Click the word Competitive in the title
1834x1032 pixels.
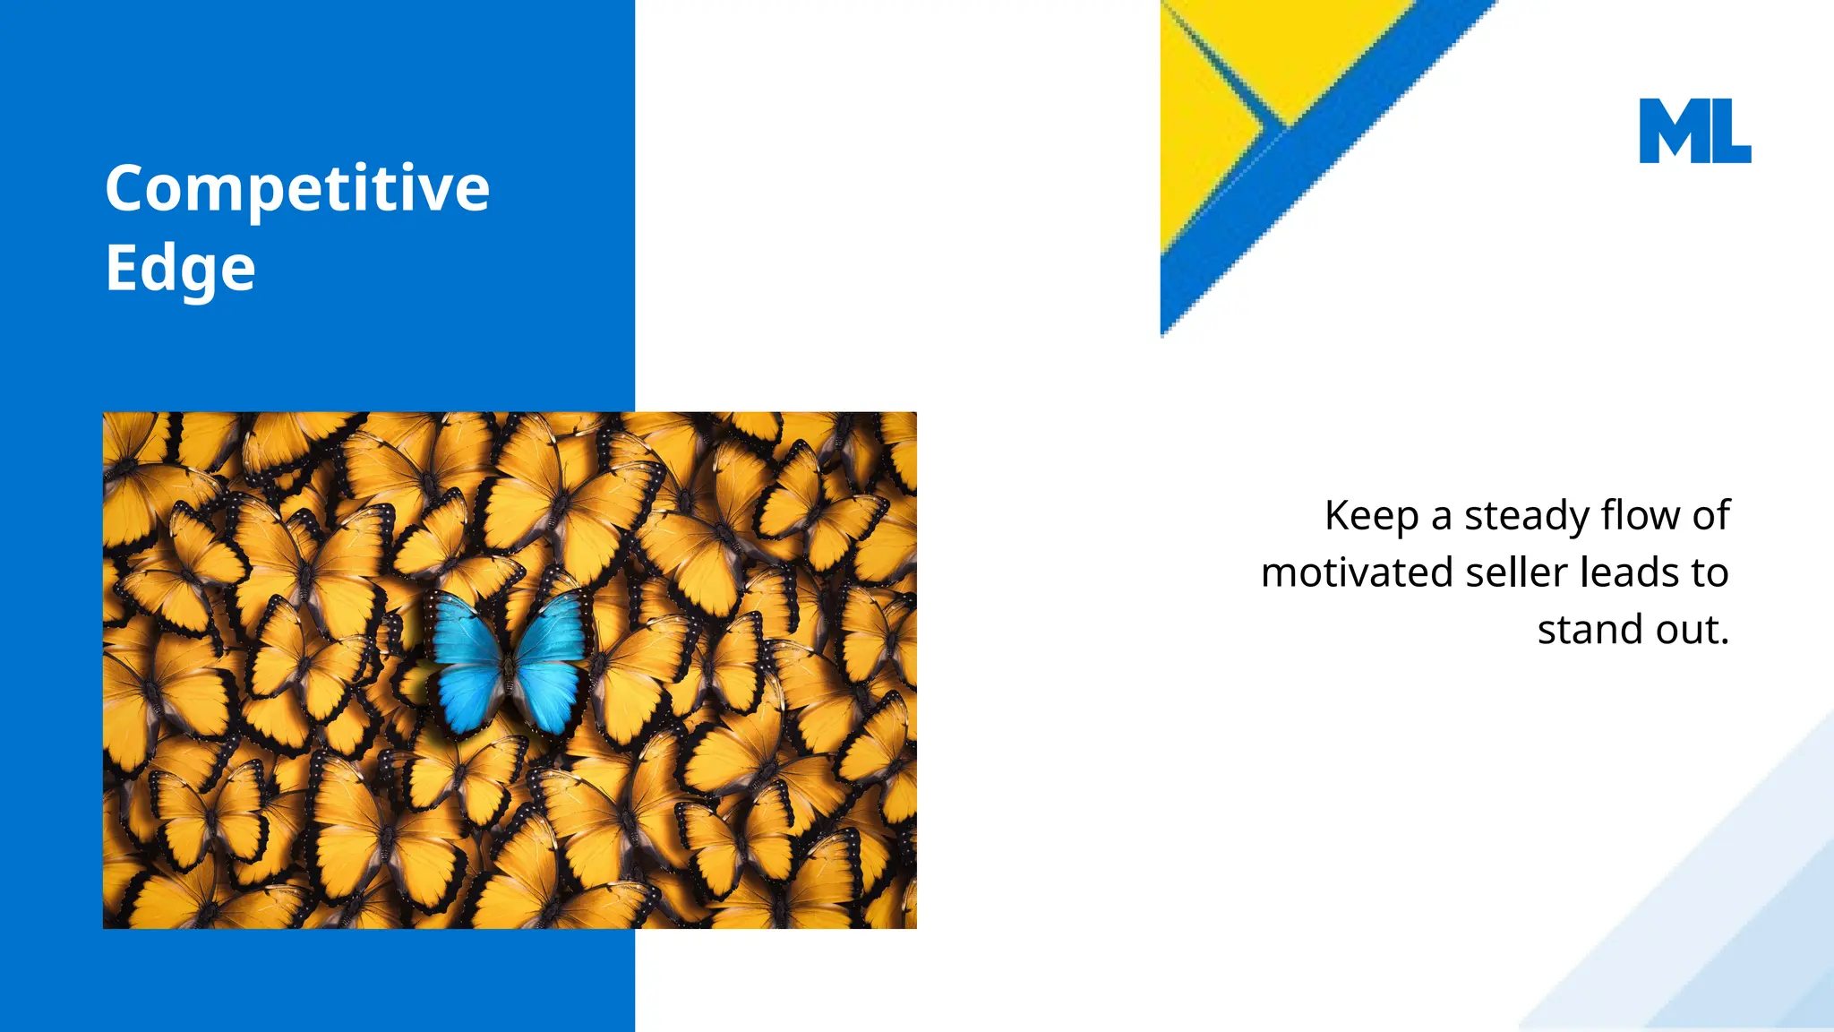(297, 190)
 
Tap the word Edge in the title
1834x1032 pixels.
(180, 269)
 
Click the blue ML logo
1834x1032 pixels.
(1694, 131)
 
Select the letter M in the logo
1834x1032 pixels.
(1671, 131)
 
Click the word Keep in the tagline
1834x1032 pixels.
(1371, 517)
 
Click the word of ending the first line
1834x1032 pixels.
(1710, 515)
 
